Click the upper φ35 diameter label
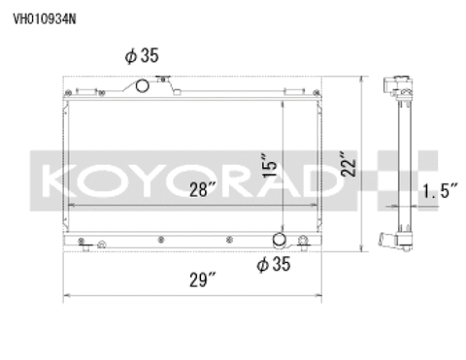[141, 56]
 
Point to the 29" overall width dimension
[203, 282]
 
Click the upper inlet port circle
[142, 87]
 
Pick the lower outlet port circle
[280, 240]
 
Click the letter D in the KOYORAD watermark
[328, 180]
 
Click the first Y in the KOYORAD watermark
[139, 180]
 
